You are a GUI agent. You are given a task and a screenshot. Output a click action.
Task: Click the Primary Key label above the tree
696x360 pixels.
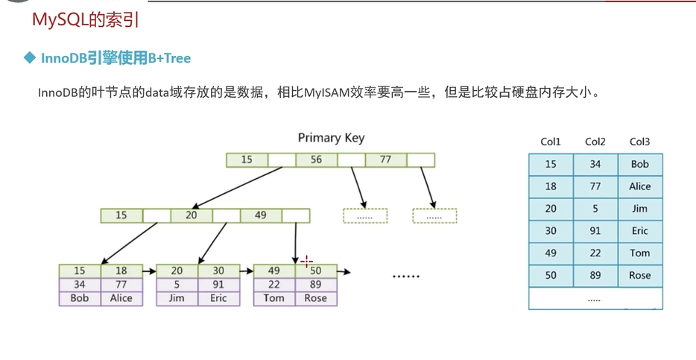(x=331, y=138)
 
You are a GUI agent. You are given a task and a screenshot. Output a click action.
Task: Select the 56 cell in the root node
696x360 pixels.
(x=317, y=160)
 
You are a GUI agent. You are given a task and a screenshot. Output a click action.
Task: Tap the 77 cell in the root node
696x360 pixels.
(x=385, y=160)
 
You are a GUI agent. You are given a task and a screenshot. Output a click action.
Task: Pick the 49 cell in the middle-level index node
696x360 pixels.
(x=260, y=215)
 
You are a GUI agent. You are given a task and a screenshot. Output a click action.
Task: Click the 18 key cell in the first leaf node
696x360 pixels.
(x=121, y=271)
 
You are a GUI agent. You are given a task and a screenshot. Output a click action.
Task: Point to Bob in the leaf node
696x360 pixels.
(x=80, y=298)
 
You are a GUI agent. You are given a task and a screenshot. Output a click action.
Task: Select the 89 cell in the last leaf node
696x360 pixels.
(x=316, y=285)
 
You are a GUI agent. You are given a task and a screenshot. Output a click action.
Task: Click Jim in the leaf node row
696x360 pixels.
(x=177, y=298)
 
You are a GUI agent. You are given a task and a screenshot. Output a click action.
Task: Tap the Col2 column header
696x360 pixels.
(x=595, y=142)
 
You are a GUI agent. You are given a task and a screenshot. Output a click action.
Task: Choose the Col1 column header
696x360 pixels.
(x=551, y=142)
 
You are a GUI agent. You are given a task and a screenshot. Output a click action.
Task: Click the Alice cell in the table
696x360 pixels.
(x=639, y=186)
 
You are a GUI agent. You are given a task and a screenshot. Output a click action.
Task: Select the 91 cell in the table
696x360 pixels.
(x=595, y=231)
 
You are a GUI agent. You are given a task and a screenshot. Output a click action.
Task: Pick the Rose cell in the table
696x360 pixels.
(x=639, y=275)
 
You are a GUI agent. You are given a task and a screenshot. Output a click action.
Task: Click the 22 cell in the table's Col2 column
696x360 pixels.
(x=595, y=253)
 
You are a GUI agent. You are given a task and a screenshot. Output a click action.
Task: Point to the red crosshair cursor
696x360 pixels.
(x=307, y=262)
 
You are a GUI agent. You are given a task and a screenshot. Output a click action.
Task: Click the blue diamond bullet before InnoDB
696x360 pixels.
(x=30, y=57)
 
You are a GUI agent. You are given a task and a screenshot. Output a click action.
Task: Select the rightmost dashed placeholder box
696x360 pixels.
(x=434, y=215)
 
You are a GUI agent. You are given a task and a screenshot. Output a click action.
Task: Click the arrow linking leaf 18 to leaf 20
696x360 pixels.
(x=148, y=271)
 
